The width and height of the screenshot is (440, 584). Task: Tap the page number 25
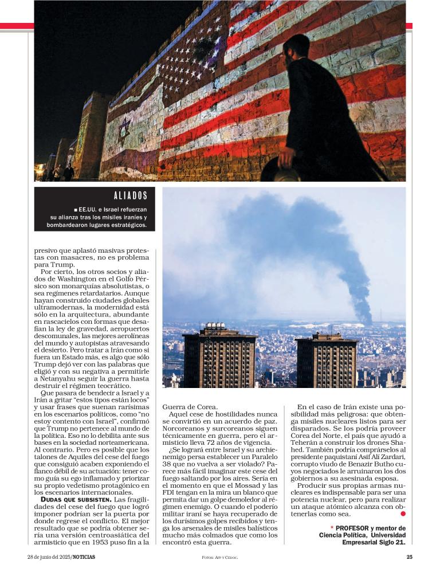409,557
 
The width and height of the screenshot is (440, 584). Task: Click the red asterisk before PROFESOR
332,528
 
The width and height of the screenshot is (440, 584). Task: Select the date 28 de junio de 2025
49,557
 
